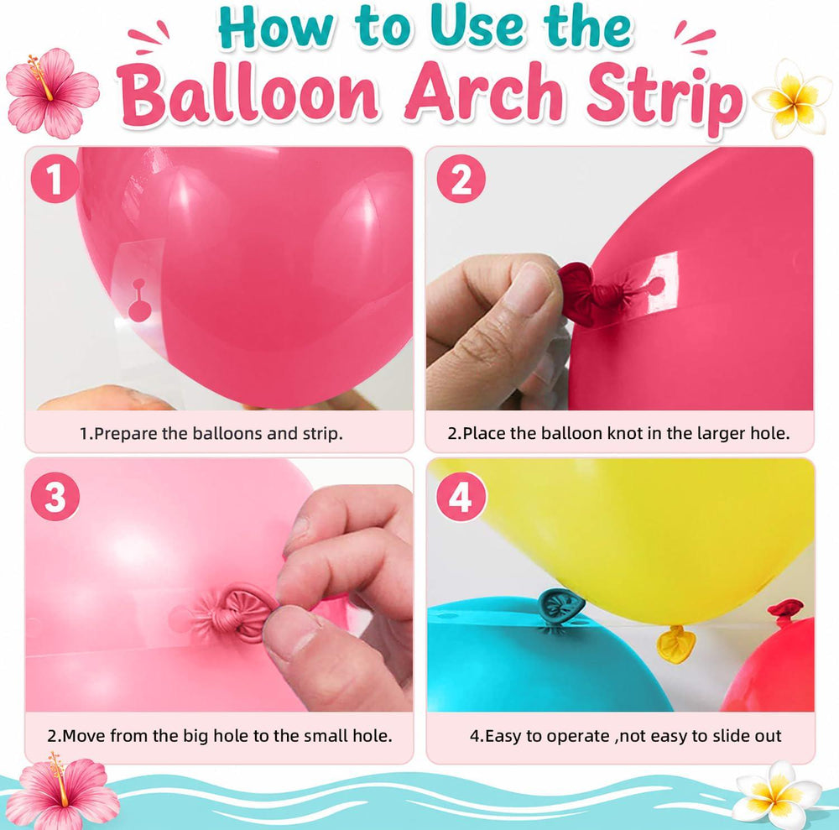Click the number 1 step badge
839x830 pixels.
click(55, 179)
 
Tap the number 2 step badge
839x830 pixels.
click(461, 179)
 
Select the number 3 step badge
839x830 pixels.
click(55, 497)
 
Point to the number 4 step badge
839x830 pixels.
click(461, 497)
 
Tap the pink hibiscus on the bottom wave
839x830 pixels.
click(60, 792)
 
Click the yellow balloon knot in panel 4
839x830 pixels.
click(675, 644)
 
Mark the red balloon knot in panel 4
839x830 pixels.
click(785, 611)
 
